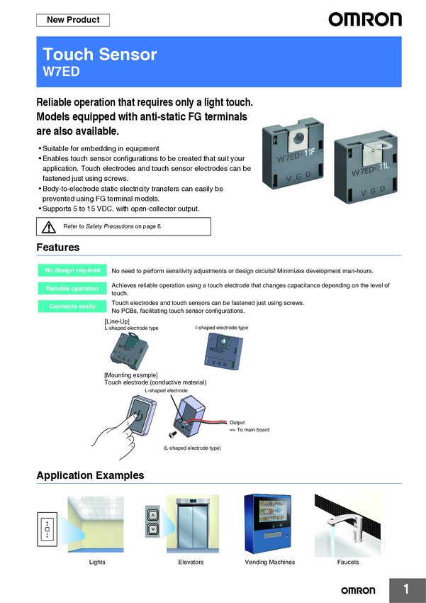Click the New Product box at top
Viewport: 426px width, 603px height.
coord(73,20)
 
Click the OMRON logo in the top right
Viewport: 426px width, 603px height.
coord(364,20)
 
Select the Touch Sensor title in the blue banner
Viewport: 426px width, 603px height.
coord(100,55)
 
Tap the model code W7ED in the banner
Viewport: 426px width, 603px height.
coord(62,71)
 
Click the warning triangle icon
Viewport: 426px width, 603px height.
coord(48,226)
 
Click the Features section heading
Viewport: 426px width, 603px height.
coord(58,248)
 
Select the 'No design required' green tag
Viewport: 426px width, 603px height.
coord(72,270)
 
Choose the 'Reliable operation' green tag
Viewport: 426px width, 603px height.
coord(72,289)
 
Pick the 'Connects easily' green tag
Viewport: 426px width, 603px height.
coord(72,306)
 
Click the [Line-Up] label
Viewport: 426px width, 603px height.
coord(117,321)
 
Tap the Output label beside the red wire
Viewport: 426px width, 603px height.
coord(238,422)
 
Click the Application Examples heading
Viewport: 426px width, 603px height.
coord(90,475)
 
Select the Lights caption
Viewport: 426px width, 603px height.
coord(97,562)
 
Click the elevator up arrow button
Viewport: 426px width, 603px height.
coord(152,515)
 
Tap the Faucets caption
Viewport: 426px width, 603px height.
coord(348,562)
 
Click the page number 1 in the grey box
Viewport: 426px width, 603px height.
coord(406,589)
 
